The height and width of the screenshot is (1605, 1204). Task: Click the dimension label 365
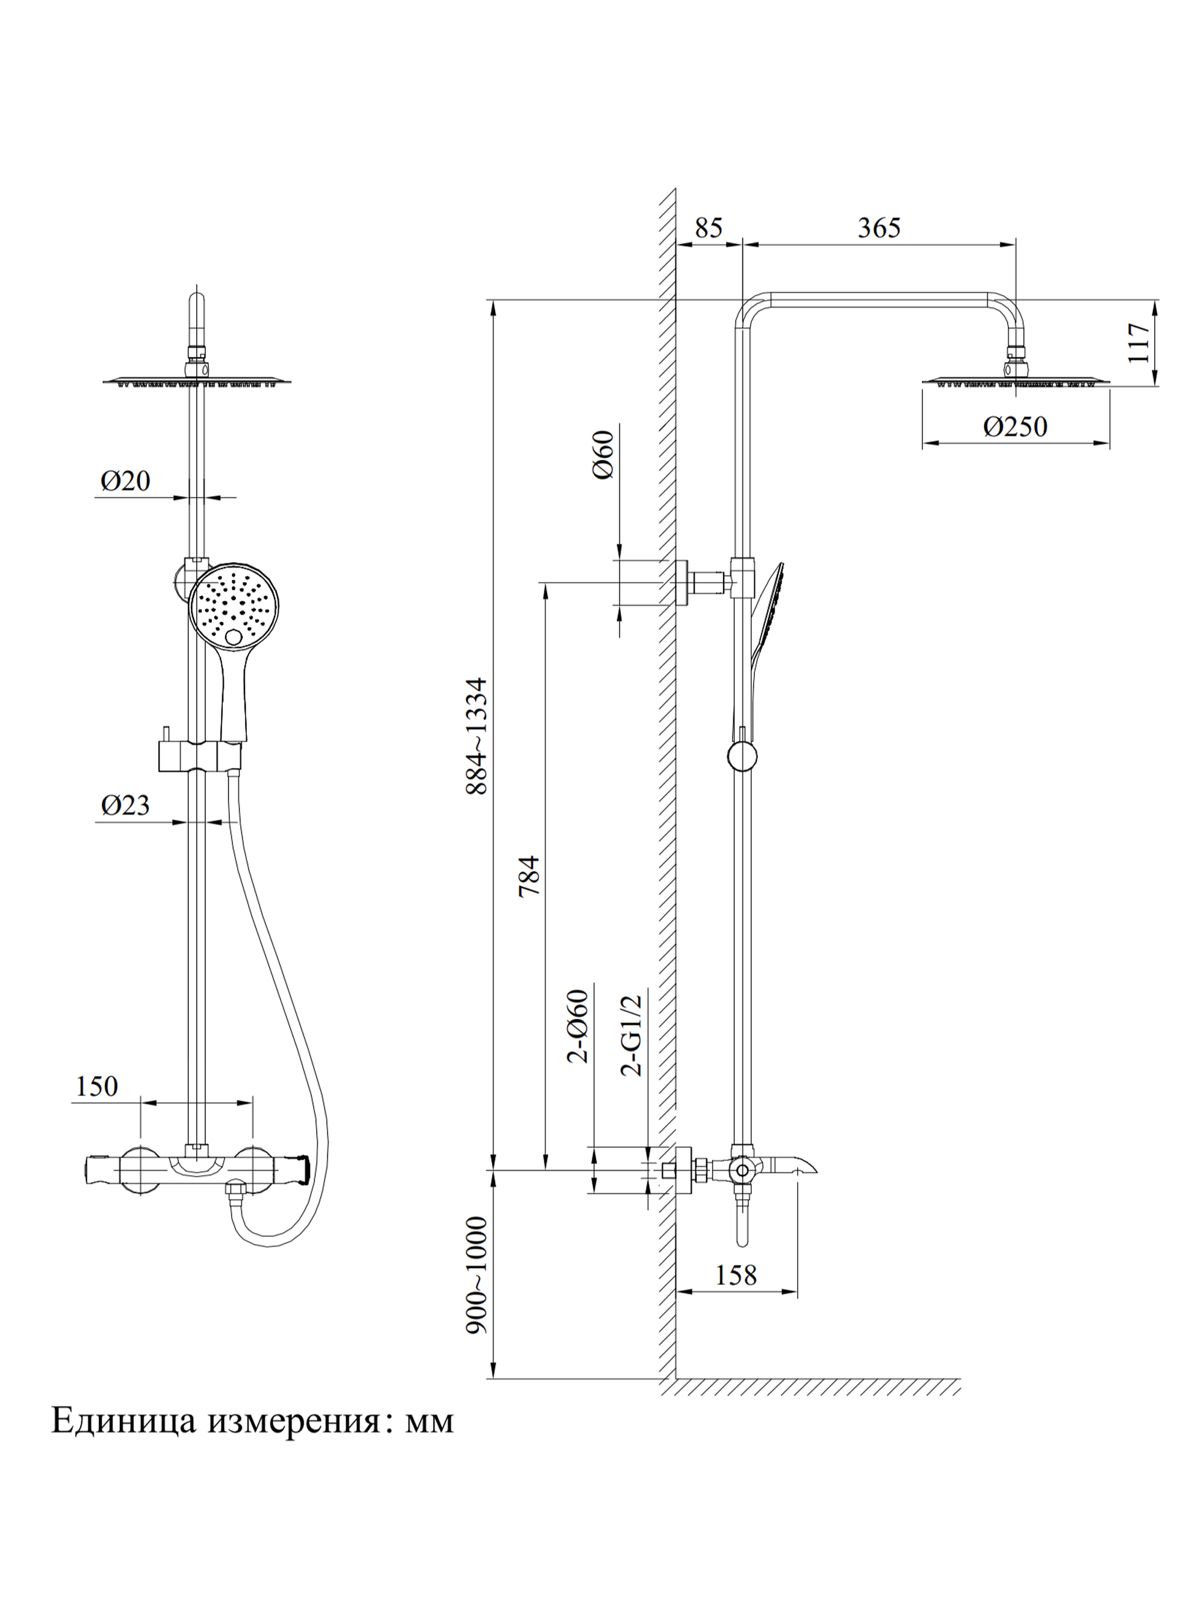pyautogui.click(x=878, y=228)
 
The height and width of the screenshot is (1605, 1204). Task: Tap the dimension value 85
pyautogui.click(x=709, y=228)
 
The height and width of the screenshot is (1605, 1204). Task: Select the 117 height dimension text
pyautogui.click(x=1138, y=342)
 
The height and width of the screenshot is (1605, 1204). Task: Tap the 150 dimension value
pyautogui.click(x=96, y=1086)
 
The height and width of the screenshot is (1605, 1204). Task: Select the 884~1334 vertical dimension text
pyautogui.click(x=477, y=736)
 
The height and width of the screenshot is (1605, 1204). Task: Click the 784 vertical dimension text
pyautogui.click(x=530, y=876)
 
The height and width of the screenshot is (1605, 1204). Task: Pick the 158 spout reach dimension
pyautogui.click(x=735, y=1275)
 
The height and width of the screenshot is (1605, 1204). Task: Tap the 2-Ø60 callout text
pyautogui.click(x=578, y=1026)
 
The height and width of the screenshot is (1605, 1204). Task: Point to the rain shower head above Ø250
pyautogui.click(x=1016, y=381)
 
